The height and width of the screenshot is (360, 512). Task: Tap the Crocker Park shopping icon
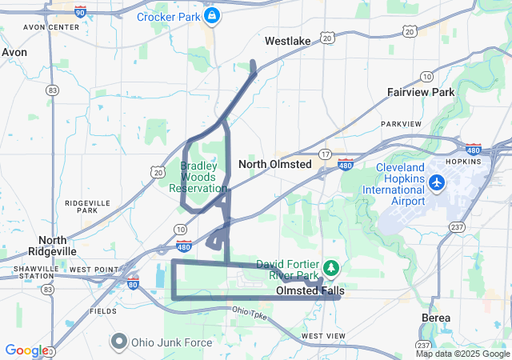211,16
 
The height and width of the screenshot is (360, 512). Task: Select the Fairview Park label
421,92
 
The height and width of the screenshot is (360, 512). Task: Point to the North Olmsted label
274,164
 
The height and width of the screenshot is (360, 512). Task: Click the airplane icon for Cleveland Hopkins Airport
437,183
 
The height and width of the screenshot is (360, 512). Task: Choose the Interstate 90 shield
80,11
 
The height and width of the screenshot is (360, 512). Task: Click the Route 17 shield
325,153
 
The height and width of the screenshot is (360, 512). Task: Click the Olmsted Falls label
310,291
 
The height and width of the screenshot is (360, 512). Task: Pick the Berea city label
435,318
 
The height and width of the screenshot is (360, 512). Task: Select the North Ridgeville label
58,245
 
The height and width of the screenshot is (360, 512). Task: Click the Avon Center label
52,26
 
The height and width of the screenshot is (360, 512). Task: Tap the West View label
323,335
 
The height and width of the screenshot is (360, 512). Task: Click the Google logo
26,350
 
